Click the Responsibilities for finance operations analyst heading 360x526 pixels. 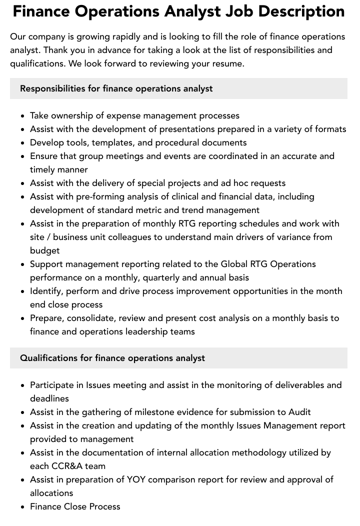click(116, 88)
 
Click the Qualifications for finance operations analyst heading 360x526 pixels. click(112, 358)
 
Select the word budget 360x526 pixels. click(44, 250)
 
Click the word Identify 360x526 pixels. click(46, 291)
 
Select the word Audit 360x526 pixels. click(299, 412)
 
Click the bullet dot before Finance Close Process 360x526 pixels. click(23, 507)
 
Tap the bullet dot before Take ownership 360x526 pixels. click(23, 116)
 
